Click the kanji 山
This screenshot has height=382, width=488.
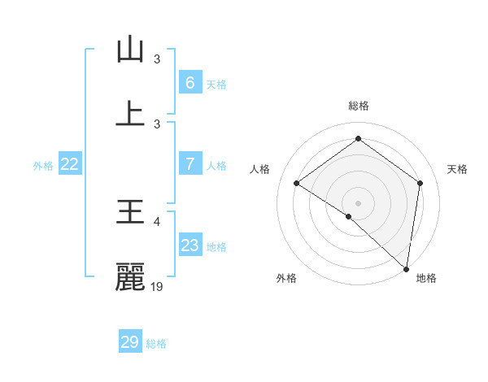pos(130,50)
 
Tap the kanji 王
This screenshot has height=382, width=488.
pos(130,213)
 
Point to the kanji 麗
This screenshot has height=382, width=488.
pos(130,277)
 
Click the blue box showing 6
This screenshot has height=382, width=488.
pos(190,82)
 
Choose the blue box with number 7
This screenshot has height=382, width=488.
pos(190,164)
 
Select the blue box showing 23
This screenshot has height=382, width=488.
pos(190,245)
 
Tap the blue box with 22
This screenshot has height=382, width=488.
pos(70,164)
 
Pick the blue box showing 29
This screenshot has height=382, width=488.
pos(130,342)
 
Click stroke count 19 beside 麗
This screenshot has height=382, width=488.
pos(158,287)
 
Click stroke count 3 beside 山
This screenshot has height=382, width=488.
pos(157,59)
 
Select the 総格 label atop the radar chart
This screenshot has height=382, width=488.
pos(358,106)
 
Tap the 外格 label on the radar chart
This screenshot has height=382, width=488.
pos(286,278)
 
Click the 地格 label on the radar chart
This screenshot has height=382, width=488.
pos(426,278)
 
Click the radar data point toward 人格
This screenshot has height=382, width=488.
pos(297,184)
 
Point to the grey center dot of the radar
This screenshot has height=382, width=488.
pos(358,202)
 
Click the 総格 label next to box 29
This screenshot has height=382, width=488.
pos(156,344)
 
